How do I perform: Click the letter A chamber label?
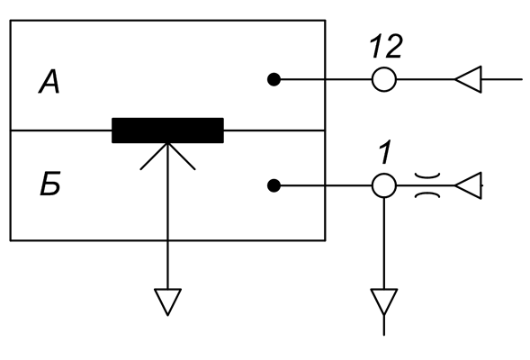pyautogui.click(x=49, y=82)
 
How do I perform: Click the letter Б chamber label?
pyautogui.click(x=50, y=184)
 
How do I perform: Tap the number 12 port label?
pyautogui.click(x=386, y=46)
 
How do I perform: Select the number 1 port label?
pyautogui.click(x=384, y=152)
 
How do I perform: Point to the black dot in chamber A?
pyautogui.click(x=274, y=80)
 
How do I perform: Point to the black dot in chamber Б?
pyautogui.click(x=274, y=185)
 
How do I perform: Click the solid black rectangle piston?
pyautogui.click(x=167, y=130)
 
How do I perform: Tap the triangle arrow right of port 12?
pyautogui.click(x=468, y=79)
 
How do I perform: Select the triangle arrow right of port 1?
pyautogui.click(x=468, y=185)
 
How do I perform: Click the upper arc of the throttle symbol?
pyautogui.click(x=427, y=176)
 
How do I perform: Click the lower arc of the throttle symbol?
pyautogui.click(x=427, y=194)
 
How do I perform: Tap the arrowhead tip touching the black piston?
pyautogui.click(x=167, y=144)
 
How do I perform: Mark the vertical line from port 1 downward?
pyautogui.click(x=383, y=243)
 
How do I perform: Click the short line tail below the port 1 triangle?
pyautogui.click(x=383, y=326)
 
